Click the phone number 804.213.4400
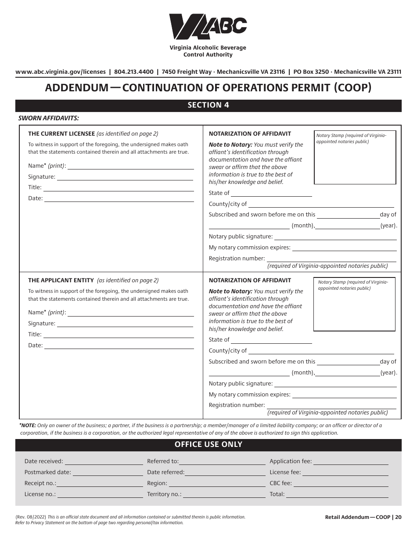[133, 72]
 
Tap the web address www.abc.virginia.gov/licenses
[61, 72]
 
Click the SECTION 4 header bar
[208, 105]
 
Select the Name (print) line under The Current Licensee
[130, 166]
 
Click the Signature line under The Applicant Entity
[125, 324]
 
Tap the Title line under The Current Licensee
[119, 187]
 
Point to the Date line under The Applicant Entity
[119, 345]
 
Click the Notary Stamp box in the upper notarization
[355, 157]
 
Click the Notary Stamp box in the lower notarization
[354, 304]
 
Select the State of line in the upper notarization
[271, 193]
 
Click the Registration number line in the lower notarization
[331, 405]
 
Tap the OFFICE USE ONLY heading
[208, 444]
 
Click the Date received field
[104, 461]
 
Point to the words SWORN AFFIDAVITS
[48, 118]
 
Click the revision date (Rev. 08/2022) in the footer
[31, 517]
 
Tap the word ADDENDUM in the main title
[77, 87]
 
